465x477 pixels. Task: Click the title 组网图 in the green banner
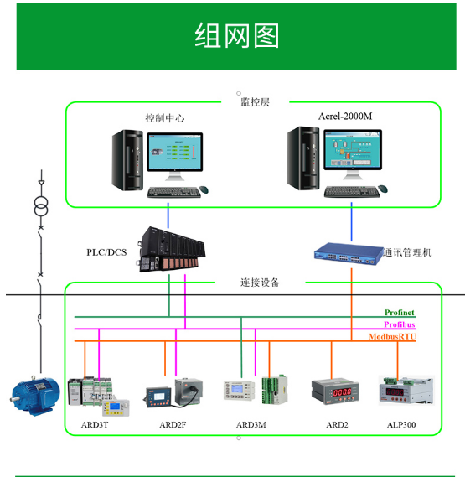point(236,35)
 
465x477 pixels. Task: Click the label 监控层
point(255,102)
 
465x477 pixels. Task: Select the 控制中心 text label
point(165,117)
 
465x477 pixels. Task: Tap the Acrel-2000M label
point(345,117)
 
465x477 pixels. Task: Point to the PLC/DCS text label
point(106,252)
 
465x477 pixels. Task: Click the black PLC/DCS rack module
point(171,249)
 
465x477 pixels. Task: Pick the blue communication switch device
point(349,254)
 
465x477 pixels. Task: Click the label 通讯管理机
point(407,252)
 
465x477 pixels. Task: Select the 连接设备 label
point(260,283)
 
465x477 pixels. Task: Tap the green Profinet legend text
point(400,313)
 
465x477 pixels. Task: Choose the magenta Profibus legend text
point(400,324)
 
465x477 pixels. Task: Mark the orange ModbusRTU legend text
point(392,336)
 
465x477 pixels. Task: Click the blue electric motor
point(35,395)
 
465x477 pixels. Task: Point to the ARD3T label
point(95,425)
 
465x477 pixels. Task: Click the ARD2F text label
point(173,425)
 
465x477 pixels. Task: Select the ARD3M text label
point(251,425)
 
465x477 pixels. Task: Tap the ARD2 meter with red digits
point(335,391)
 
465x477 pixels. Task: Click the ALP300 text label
point(401,425)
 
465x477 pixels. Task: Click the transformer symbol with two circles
point(41,206)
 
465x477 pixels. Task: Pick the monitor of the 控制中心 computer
point(175,156)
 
